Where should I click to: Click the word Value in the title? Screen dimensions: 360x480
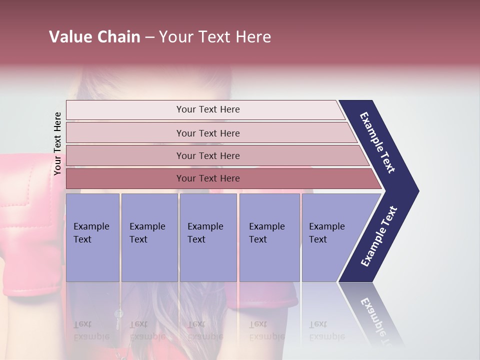tap(69, 37)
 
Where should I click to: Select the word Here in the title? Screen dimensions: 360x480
tap(253, 37)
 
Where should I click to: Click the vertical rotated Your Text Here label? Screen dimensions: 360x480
tap(57, 143)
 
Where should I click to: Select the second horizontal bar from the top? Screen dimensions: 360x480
tap(207, 133)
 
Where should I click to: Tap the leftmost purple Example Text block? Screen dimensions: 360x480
tap(92, 237)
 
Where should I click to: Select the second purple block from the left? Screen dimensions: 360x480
tap(149, 237)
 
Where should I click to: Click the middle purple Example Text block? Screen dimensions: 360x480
tap(208, 237)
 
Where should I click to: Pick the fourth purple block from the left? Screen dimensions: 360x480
tap(269, 237)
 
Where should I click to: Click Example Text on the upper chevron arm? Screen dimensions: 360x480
tap(377, 142)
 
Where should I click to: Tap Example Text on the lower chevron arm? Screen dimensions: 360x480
tap(379, 236)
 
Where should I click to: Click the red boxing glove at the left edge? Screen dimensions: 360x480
tap(25, 225)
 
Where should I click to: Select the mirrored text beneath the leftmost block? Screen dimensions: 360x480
tap(91, 330)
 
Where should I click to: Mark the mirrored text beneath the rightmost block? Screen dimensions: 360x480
tap(326, 330)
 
